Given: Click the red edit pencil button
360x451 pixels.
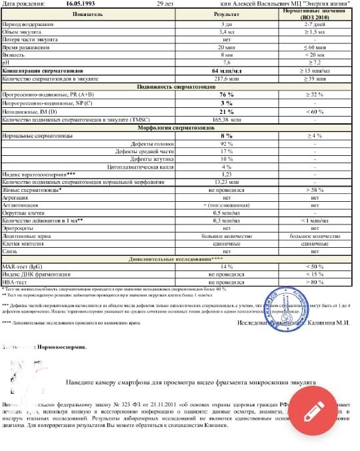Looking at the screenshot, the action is point(314,410).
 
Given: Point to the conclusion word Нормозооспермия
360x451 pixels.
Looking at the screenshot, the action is point(61,347).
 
